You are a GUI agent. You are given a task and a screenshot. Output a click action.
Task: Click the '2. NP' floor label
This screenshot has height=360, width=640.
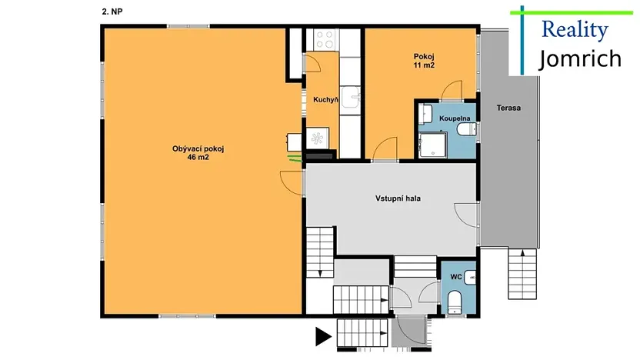(112, 12)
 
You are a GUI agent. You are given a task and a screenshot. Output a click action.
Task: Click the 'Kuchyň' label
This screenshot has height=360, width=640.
(326, 99)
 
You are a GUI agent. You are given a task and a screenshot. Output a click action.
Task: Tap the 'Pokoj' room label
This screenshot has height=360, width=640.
(424, 56)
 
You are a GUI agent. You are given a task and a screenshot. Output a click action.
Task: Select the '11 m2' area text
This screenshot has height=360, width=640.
(424, 65)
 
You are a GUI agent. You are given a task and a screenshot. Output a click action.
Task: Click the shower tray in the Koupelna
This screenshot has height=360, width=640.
(431, 144)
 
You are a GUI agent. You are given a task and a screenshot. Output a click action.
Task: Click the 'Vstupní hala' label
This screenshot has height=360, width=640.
(398, 198)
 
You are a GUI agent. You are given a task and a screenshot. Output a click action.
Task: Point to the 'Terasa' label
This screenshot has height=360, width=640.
(508, 108)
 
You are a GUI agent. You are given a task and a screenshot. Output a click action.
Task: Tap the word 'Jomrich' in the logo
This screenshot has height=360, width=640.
(578, 58)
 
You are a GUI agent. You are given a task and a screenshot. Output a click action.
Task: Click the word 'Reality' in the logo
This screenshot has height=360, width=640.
(575, 30)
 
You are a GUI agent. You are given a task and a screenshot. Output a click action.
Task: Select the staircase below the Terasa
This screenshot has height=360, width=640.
(522, 275)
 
